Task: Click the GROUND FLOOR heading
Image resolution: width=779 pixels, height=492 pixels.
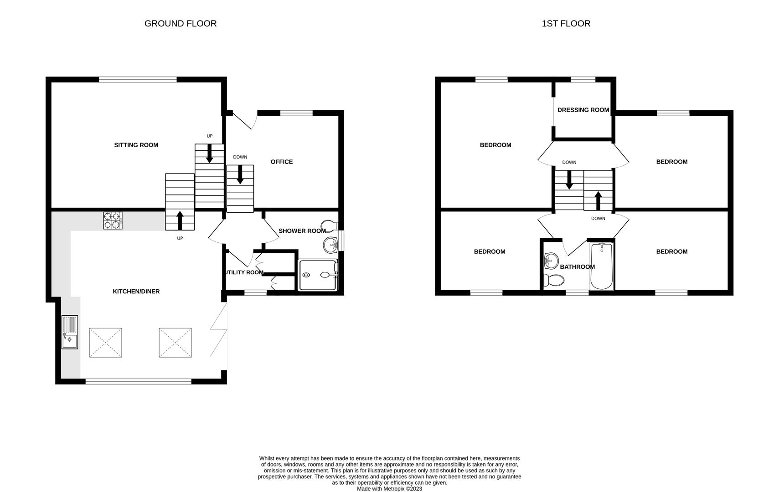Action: (180, 24)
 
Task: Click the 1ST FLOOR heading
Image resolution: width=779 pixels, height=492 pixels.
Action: (566, 24)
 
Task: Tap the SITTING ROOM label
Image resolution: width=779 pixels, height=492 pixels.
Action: (136, 145)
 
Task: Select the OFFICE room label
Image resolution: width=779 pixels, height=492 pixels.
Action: (281, 162)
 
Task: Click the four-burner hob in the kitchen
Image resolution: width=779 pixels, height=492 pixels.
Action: (113, 220)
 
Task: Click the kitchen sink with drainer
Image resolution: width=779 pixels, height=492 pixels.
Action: (70, 332)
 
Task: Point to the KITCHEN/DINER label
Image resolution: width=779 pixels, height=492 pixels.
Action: (136, 292)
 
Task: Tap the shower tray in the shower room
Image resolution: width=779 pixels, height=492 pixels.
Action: (318, 275)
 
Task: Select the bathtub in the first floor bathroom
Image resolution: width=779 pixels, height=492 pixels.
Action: (602, 266)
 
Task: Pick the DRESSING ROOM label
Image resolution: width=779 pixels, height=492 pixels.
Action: (583, 110)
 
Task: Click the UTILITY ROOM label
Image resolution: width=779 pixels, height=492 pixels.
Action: (243, 272)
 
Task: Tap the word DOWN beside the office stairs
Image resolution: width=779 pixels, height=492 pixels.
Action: (240, 157)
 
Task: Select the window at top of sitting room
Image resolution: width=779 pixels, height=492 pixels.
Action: (138, 79)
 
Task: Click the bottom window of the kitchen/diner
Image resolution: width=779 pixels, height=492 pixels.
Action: (138, 381)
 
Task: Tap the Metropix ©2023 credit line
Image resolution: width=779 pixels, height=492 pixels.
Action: (389, 489)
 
